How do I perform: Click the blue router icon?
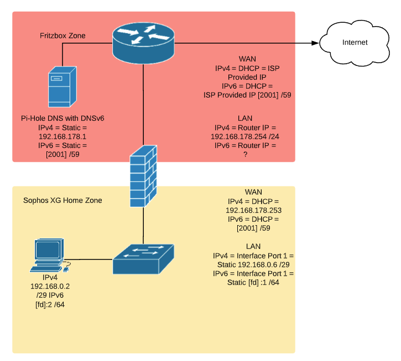coord(143,42)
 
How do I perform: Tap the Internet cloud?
coord(355,42)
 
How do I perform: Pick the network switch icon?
coord(143,258)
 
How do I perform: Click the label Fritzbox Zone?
coord(63,36)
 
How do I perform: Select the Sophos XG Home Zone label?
coord(63,200)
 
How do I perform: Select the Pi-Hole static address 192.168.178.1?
coord(63,136)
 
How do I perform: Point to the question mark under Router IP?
coord(245,154)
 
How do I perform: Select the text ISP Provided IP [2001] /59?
coord(247,95)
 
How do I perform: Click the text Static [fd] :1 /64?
coord(254,283)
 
